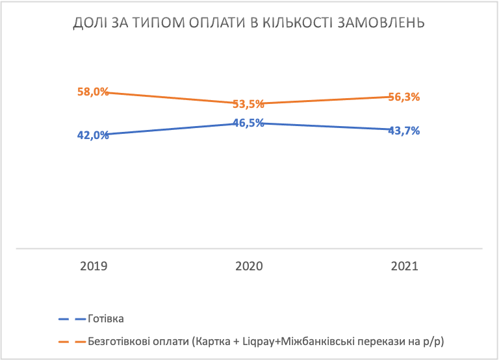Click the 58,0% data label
93,92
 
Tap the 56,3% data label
404,97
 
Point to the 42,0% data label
93,135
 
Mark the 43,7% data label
404,130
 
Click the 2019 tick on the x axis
94,266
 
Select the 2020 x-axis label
249,266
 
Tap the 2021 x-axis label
404,266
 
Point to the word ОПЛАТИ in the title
217,24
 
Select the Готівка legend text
105,319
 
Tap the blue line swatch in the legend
72,319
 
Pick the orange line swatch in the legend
72,341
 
